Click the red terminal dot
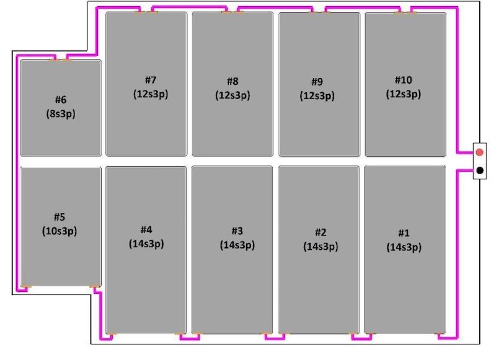(x=480, y=152)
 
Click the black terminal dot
(x=480, y=170)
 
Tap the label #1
(x=404, y=233)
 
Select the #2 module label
(x=320, y=232)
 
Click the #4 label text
(x=146, y=229)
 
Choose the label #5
(x=60, y=217)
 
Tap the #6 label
(x=60, y=100)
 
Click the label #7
(x=151, y=80)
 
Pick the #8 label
(x=232, y=81)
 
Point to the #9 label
(x=317, y=82)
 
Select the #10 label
(x=403, y=80)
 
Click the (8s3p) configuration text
(x=60, y=114)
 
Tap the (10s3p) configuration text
(x=60, y=231)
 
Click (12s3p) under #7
(x=151, y=94)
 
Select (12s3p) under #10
(x=403, y=94)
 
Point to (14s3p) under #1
(x=404, y=247)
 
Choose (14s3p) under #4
(x=146, y=244)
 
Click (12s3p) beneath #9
(x=317, y=96)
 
